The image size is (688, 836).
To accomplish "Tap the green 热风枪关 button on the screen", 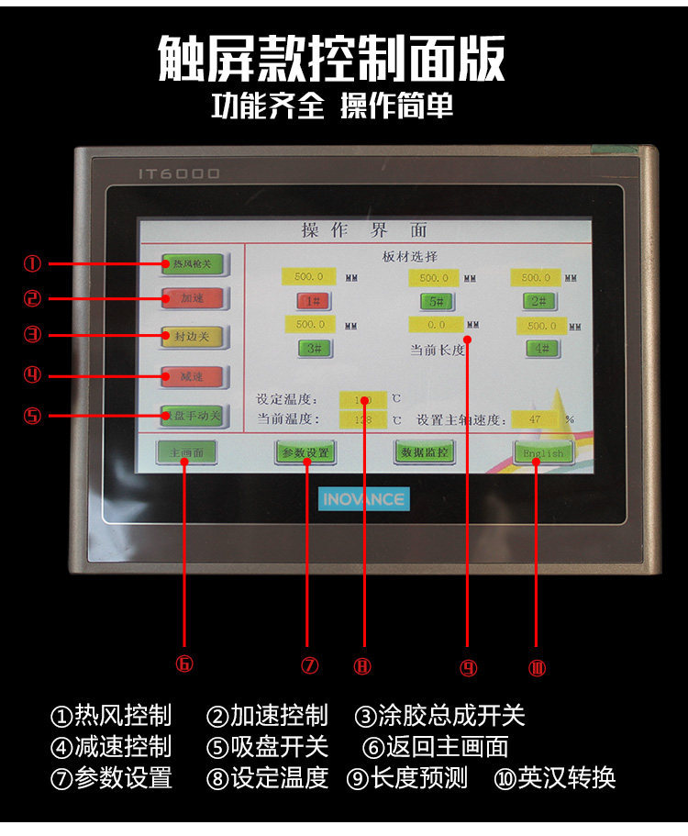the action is (192, 264).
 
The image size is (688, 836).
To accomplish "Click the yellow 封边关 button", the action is (192, 337).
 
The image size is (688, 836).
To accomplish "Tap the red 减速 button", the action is (192, 376).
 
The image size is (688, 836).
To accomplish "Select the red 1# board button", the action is (314, 300).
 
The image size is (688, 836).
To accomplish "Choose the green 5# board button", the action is (438, 300).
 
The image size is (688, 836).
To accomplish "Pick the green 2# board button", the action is (540, 300).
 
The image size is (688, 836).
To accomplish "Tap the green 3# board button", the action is (314, 348).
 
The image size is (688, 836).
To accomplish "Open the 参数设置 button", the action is (305, 452).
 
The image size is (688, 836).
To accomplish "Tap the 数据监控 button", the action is (424, 452).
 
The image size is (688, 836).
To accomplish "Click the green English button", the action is (543, 452).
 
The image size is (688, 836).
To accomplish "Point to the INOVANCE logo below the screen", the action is (364, 499).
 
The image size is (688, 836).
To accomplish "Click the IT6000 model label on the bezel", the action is (179, 173).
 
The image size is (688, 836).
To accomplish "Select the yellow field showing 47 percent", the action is (536, 419).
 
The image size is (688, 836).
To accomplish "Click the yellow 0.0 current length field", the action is (436, 324).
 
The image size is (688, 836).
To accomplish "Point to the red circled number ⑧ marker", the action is (362, 667).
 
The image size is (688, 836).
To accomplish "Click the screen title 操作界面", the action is (364, 230).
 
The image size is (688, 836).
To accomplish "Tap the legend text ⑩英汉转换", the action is (554, 778).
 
